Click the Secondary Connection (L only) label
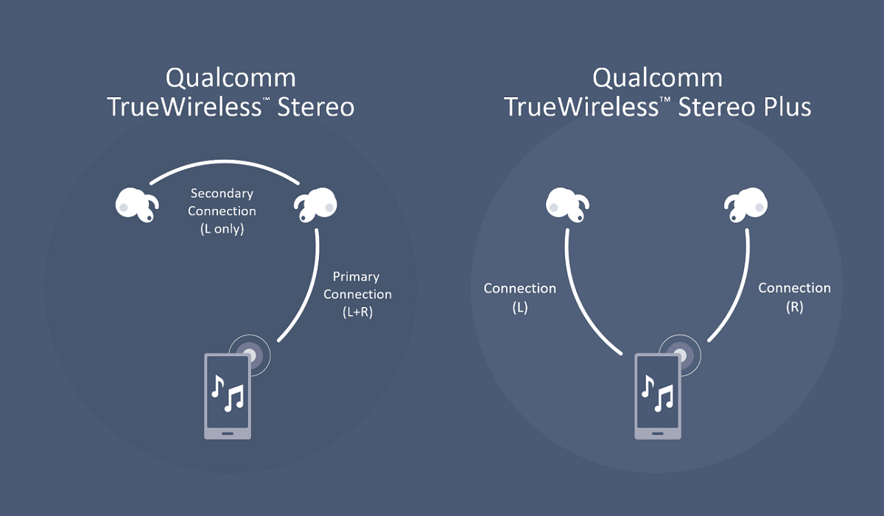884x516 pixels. click(x=222, y=211)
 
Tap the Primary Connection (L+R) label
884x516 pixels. click(x=357, y=294)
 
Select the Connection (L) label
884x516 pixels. click(x=520, y=297)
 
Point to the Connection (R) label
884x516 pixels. click(x=794, y=297)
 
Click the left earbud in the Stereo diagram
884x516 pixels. click(x=137, y=205)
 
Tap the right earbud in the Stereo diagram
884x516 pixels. click(x=315, y=205)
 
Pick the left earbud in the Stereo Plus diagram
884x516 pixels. click(x=567, y=205)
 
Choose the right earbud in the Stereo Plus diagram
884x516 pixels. click(x=746, y=205)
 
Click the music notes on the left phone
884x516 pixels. click(x=228, y=393)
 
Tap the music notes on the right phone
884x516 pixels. click(x=658, y=393)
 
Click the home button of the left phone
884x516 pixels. click(x=228, y=434)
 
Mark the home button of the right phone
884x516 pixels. click(x=658, y=434)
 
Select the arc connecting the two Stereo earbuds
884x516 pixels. click(x=224, y=162)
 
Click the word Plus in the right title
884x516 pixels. click(x=787, y=107)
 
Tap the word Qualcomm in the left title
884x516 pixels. click(x=231, y=78)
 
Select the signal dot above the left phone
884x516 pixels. click(x=250, y=356)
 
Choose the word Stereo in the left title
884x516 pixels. click(x=316, y=107)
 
